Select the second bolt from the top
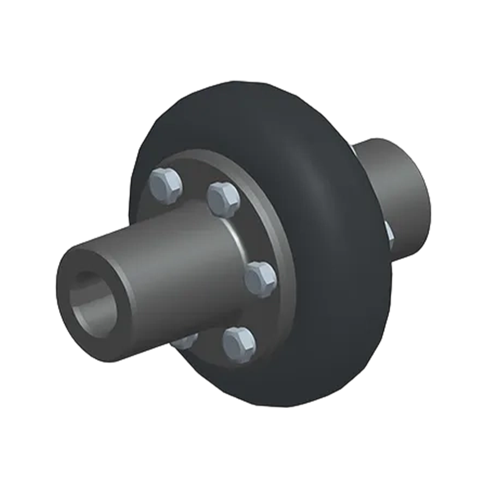223,198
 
